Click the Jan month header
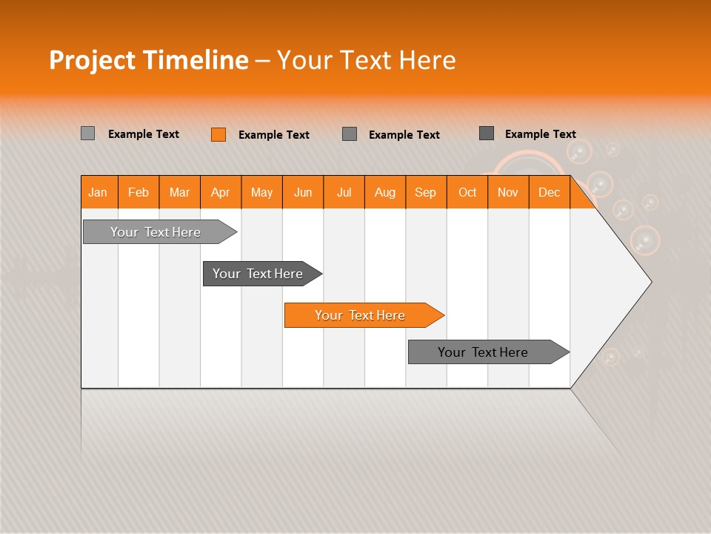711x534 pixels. (98, 192)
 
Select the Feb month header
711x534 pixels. (138, 192)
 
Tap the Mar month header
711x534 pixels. (179, 192)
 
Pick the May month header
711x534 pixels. (261, 192)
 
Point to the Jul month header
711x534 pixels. (344, 192)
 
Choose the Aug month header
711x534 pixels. (384, 192)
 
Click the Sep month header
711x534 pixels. (425, 192)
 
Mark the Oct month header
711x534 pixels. (467, 192)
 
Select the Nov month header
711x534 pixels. (508, 192)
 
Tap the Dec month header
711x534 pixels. (549, 192)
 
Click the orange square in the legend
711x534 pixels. (218, 134)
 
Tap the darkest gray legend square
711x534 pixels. (487, 133)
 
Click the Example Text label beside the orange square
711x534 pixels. (274, 135)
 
